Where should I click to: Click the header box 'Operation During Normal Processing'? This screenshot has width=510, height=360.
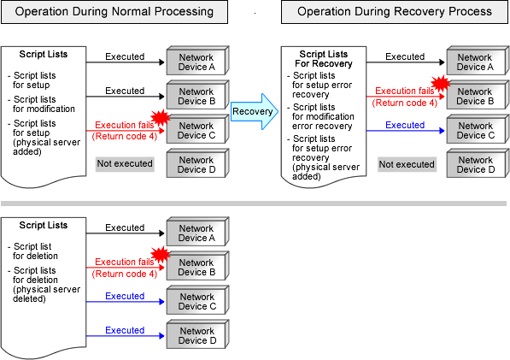click(114, 12)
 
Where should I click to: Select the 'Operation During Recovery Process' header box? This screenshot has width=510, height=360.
click(394, 12)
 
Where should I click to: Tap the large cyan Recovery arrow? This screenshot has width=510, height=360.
click(255, 112)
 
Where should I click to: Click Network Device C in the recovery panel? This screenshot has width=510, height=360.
click(478, 129)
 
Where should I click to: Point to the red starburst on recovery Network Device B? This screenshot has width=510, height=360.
click(441, 83)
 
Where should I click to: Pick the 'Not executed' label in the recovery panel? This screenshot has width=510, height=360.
click(407, 164)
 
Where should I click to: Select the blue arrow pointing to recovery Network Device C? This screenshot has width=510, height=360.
click(406, 131)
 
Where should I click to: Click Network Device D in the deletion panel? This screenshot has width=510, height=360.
click(197, 334)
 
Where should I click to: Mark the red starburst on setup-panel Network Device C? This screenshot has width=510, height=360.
click(161, 117)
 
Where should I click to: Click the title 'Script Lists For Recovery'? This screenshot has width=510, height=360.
click(323, 59)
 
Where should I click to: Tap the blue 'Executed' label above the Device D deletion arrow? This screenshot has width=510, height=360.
click(125, 330)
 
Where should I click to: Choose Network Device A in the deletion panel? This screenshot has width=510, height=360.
click(197, 232)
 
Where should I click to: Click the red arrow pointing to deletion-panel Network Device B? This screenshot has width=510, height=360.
click(126, 268)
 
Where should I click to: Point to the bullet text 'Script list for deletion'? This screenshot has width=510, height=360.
click(32, 251)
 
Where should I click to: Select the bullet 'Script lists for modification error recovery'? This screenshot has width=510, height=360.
click(320, 116)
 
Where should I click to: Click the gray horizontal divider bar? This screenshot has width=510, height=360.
click(254, 204)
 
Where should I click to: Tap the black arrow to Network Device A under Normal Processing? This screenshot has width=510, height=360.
click(126, 62)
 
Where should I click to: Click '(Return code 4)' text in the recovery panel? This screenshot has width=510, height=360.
click(405, 103)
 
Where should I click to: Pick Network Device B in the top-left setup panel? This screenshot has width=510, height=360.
click(197, 95)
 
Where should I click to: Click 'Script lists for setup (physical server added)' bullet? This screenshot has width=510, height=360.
click(44, 138)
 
